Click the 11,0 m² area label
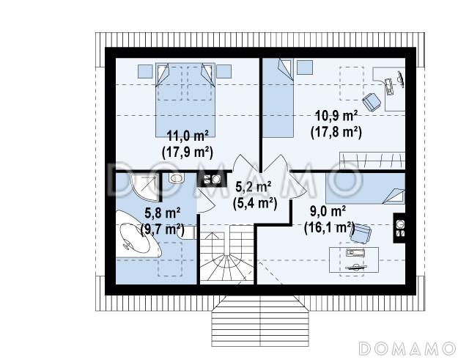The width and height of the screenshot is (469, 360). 188,136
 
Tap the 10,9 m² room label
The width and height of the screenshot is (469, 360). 336,116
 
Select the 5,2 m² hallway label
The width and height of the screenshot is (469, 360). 254,187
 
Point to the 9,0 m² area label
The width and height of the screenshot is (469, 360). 328,212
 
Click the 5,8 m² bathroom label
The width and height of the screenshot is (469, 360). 163,213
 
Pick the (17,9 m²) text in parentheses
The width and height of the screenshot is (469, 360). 188,153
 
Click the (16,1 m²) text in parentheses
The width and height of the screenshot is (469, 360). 329,228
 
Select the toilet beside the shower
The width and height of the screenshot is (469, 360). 176,178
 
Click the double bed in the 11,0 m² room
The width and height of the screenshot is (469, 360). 185,100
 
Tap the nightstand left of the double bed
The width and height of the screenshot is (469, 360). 145,72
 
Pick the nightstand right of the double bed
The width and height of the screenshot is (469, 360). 224,72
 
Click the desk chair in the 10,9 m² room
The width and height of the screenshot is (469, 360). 372,102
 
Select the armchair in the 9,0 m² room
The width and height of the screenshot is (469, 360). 361,233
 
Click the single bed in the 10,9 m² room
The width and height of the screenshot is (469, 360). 278,98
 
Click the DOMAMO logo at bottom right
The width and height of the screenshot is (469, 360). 407,348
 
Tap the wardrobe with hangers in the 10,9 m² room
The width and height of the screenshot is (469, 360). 372,161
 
